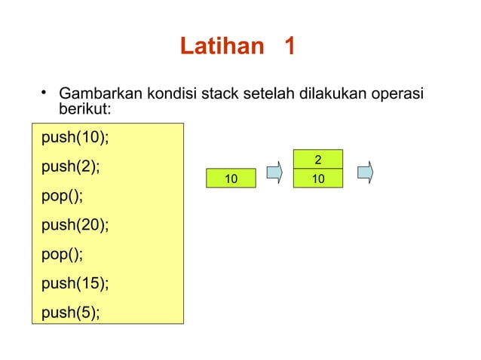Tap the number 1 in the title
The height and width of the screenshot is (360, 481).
[x=290, y=47]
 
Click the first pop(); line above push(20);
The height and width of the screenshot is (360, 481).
[x=63, y=196]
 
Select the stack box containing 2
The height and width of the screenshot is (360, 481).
[x=318, y=160]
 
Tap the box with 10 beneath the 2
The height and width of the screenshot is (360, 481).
[x=318, y=178]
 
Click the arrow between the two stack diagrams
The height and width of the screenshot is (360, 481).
[x=276, y=172]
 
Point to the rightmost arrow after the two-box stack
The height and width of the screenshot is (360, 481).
[x=366, y=172]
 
